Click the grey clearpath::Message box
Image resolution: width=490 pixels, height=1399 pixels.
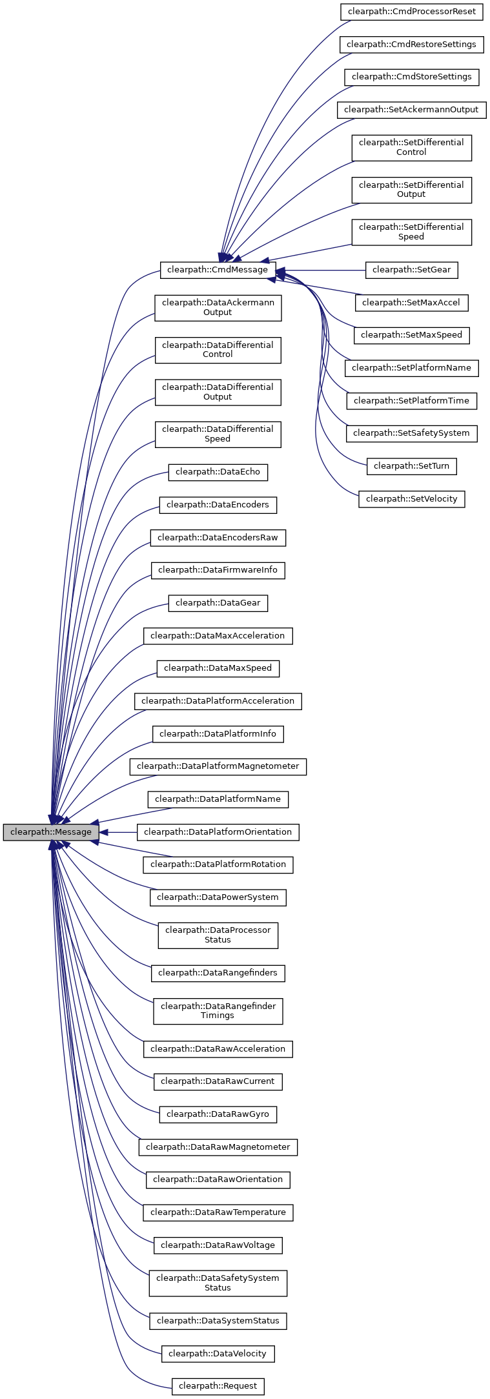point(51,832)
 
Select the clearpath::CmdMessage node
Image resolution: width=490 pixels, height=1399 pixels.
point(218,270)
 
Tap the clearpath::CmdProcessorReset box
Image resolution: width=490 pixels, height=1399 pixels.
point(412,12)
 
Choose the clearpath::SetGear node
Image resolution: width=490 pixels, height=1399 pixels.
point(411,270)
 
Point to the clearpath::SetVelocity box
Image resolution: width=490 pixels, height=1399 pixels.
point(411,499)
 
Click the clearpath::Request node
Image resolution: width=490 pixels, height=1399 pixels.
point(218,1386)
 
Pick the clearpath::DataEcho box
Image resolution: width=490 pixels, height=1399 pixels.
point(218,472)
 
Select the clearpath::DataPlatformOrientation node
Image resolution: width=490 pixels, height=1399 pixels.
point(218,832)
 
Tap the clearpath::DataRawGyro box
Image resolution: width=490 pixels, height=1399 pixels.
point(218,1114)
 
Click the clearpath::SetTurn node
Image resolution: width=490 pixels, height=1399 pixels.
point(411,466)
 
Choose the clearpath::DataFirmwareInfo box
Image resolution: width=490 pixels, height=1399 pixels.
point(218,570)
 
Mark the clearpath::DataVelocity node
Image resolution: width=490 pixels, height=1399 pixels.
point(218,1354)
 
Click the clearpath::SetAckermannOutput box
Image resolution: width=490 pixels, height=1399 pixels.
point(411,110)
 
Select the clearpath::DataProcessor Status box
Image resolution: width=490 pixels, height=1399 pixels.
point(218,935)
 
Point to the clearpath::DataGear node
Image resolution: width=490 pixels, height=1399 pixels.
point(218,603)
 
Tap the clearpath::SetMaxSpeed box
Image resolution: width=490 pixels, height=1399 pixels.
point(411,335)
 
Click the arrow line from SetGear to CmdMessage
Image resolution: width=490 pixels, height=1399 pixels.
point(323,270)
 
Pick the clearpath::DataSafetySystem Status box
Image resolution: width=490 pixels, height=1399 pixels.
point(218,1283)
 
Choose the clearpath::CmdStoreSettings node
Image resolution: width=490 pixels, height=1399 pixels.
point(411,77)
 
